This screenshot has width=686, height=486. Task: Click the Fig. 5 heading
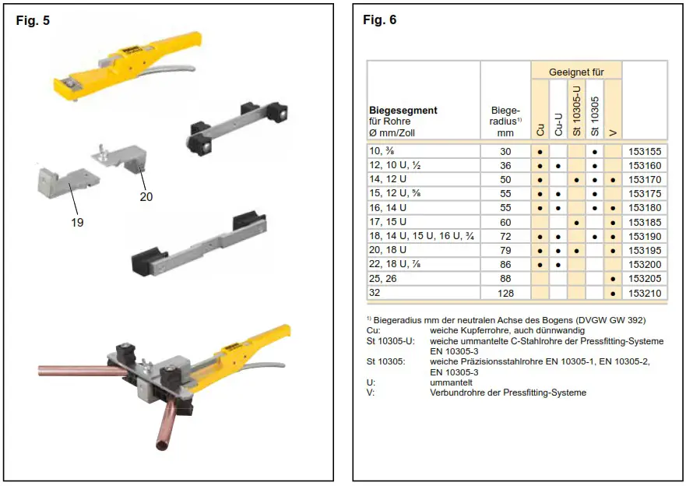pyautogui.click(x=33, y=21)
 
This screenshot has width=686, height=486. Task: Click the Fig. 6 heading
pyautogui.click(x=380, y=20)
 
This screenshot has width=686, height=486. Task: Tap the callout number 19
pyautogui.click(x=76, y=222)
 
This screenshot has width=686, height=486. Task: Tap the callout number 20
pyautogui.click(x=146, y=197)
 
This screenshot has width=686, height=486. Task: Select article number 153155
pyautogui.click(x=645, y=152)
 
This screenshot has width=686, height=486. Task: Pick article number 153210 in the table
pyautogui.click(x=645, y=293)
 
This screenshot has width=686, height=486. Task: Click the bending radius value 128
pyautogui.click(x=505, y=293)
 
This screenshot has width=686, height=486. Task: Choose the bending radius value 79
pyautogui.click(x=505, y=250)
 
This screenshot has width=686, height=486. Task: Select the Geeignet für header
pyautogui.click(x=576, y=72)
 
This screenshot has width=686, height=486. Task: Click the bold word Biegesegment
pyautogui.click(x=403, y=111)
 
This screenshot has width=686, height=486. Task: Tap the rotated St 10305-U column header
pyautogui.click(x=576, y=109)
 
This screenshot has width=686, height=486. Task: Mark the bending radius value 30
pyautogui.click(x=505, y=152)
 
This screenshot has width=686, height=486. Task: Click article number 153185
pyautogui.click(x=645, y=222)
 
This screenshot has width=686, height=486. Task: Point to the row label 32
pyautogui.click(x=376, y=293)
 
